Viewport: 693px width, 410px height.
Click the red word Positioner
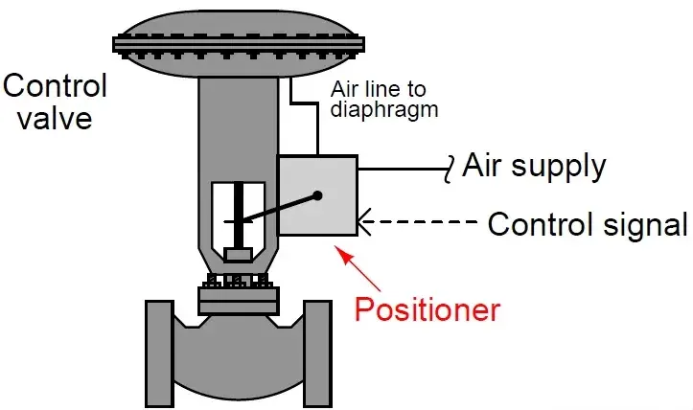427,310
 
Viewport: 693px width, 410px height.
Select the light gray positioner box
317,196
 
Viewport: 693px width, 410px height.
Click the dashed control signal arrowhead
365,224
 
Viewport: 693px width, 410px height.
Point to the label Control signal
588,225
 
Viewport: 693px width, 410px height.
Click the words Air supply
534,166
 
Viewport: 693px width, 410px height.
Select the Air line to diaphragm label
383,100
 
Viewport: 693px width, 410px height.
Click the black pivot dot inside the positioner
317,196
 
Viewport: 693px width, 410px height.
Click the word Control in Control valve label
56,85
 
